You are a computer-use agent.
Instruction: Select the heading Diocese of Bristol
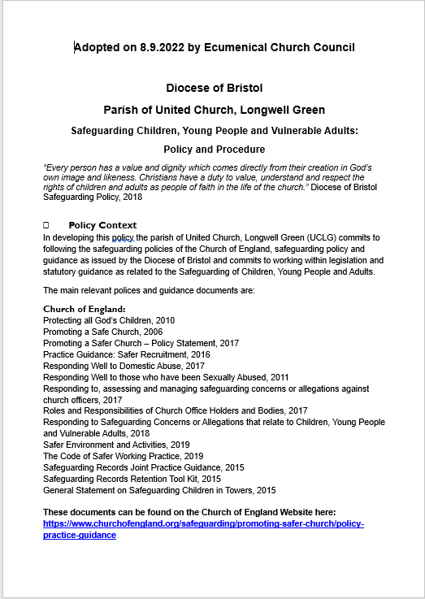tap(214, 88)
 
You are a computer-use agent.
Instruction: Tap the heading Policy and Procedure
tap(214, 150)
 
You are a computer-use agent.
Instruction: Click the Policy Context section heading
tap(103, 224)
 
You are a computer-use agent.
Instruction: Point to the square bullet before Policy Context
tap(46, 224)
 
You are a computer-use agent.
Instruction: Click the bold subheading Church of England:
tap(85, 309)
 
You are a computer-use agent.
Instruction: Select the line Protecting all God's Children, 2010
tap(109, 321)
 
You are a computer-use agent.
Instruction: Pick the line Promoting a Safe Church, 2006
tap(102, 332)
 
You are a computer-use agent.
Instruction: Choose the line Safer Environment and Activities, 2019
tap(116, 445)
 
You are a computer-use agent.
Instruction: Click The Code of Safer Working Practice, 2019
tap(123, 457)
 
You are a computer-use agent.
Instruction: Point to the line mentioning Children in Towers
tap(159, 491)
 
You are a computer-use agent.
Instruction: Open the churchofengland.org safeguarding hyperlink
tap(203, 524)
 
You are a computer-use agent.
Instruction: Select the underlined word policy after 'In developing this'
tap(123, 237)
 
